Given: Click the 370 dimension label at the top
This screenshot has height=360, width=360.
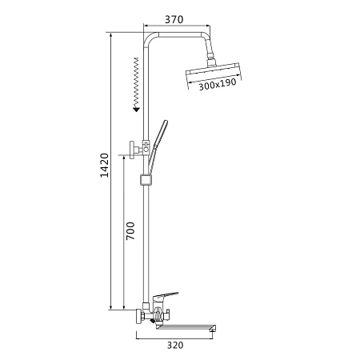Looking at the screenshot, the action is pyautogui.click(x=174, y=19).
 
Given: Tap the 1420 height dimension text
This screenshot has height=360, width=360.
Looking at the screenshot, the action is pyautogui.click(x=104, y=166).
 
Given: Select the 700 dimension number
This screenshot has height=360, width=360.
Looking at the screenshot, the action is pyautogui.click(x=130, y=231).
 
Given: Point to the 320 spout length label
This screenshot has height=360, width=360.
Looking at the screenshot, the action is pyautogui.click(x=175, y=345).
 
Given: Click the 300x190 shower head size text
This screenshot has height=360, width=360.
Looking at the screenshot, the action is pyautogui.click(x=218, y=84).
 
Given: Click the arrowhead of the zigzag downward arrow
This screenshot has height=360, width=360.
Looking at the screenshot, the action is pyautogui.click(x=137, y=109).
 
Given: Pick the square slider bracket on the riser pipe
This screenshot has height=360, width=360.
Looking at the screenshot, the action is pyautogui.click(x=146, y=180).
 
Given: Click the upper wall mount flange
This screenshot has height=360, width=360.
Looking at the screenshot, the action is pyautogui.click(x=133, y=150).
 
